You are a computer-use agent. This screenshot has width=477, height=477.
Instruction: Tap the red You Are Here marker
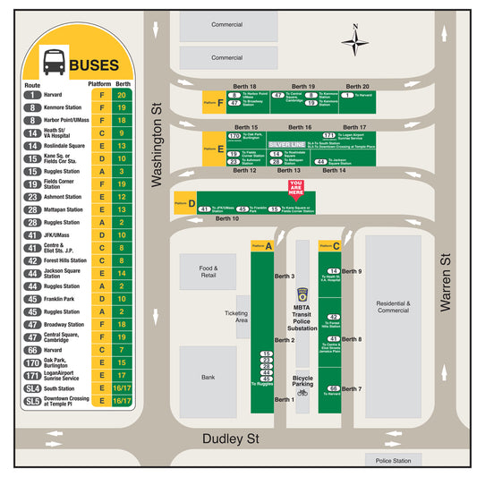point(295,188)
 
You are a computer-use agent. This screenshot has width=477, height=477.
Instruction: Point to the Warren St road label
point(444,282)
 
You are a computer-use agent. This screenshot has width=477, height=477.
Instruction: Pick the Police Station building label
point(394,461)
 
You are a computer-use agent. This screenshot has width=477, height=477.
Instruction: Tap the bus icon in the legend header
point(54,63)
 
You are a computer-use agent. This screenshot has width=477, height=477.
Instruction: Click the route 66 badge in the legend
point(33,350)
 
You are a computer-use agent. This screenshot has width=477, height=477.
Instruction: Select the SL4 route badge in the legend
point(33,388)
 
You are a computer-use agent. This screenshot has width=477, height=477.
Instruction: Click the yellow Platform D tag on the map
point(184,202)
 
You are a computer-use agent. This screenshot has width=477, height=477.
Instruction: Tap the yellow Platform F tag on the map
point(212,102)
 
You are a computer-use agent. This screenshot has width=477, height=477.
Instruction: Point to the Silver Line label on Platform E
point(287,143)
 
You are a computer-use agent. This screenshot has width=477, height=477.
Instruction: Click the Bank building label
point(208,377)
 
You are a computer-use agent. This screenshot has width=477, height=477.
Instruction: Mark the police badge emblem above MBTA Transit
point(302,293)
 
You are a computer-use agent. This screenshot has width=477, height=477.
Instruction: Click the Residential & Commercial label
point(393,307)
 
